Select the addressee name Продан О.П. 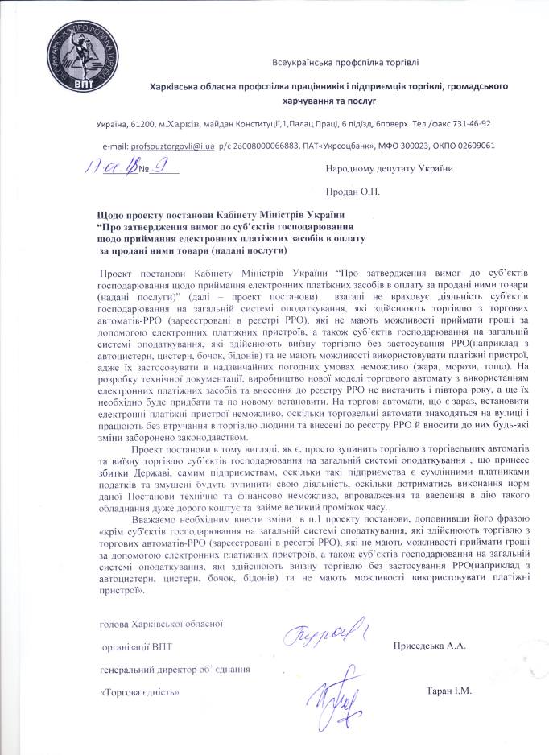(353, 192)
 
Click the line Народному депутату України (390, 168)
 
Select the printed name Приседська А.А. (430, 646)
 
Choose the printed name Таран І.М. (449, 691)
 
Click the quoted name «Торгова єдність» (138, 691)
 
